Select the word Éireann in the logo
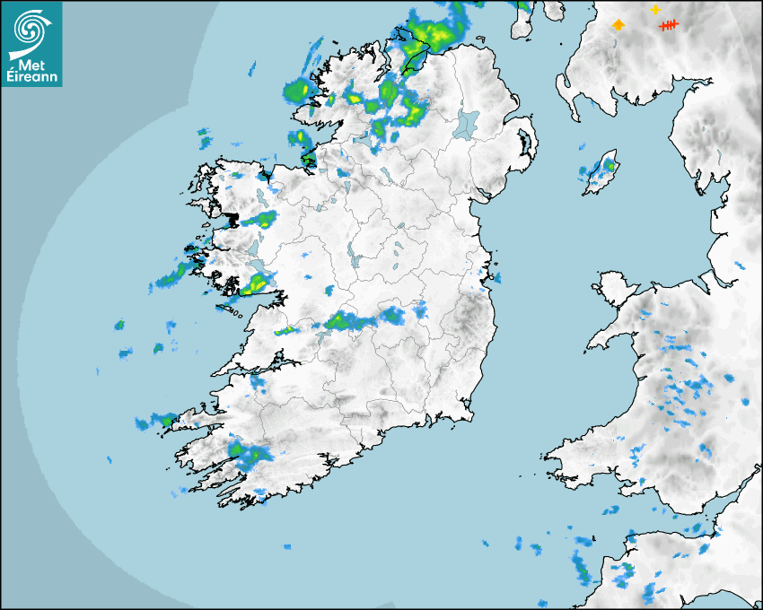(x=31, y=76)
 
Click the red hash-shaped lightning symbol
(x=669, y=26)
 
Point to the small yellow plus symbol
(x=655, y=9)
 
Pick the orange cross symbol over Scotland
(x=618, y=25)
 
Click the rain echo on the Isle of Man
(x=610, y=165)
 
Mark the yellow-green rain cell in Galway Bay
(x=255, y=285)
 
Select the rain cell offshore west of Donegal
(x=297, y=90)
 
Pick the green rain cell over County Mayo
(x=266, y=218)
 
